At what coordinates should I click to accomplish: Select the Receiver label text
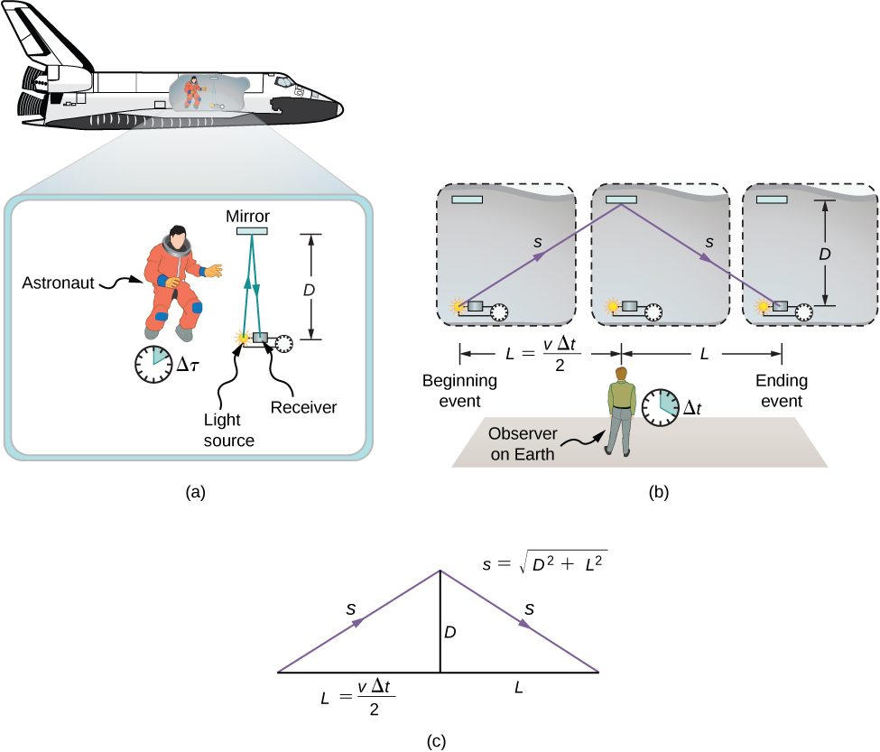point(304,407)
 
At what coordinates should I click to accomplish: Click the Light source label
point(229,432)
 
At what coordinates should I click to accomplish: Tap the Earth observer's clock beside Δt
point(662,406)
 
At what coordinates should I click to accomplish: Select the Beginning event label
point(459,390)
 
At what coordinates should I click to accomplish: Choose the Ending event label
point(783,390)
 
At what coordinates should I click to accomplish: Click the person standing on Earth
point(620,413)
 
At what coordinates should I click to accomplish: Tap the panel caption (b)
point(658,493)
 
